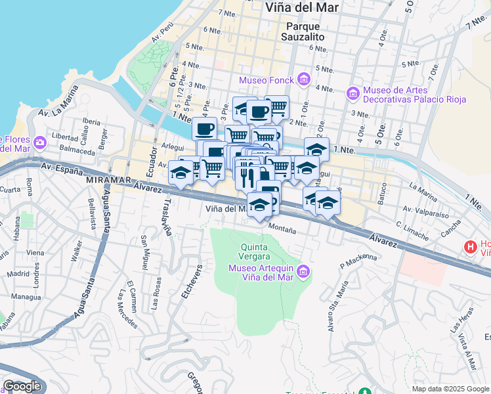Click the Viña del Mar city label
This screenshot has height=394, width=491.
tap(301, 7)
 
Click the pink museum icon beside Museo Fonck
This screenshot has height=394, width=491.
tap(303, 80)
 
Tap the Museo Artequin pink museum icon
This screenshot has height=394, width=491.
tap(303, 271)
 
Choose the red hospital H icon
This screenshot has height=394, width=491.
tap(470, 248)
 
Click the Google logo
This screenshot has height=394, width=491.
tap(22, 386)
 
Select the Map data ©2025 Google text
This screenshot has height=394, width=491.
tap(450, 389)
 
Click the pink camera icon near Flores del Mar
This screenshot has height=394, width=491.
tap(40, 142)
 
